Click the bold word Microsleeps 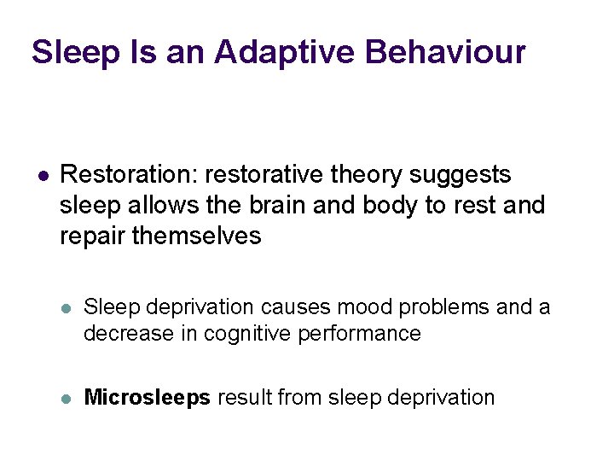[148, 397]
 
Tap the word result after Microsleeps [244, 397]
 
